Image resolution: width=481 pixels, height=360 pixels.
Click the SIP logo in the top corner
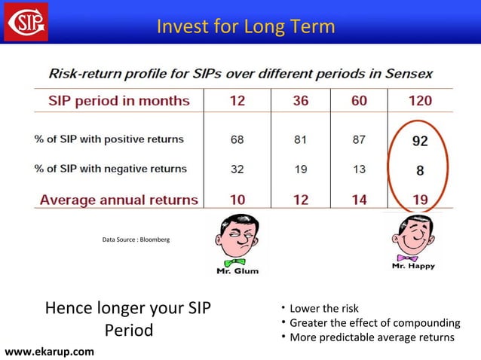pyautogui.click(x=26, y=21)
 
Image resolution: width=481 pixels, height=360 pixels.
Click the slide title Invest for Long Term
pyautogui.click(x=245, y=27)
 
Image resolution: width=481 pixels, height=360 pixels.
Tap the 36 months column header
pyautogui.click(x=300, y=101)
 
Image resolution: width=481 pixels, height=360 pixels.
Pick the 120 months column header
pyautogui.click(x=419, y=101)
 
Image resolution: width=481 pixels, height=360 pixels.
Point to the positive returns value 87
pyautogui.click(x=358, y=139)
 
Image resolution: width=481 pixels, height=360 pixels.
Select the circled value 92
pyautogui.click(x=419, y=140)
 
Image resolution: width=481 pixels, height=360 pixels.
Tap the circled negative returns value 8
pyautogui.click(x=420, y=170)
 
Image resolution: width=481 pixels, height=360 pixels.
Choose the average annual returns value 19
pyautogui.click(x=419, y=200)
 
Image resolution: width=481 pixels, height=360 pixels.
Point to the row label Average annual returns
pyautogui.click(x=118, y=200)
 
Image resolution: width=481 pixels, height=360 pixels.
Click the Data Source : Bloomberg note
pyautogui.click(x=136, y=239)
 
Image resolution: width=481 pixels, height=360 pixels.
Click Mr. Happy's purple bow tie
pyautogui.click(x=413, y=256)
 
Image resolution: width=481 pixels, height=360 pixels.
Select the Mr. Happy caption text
pyautogui.click(x=413, y=266)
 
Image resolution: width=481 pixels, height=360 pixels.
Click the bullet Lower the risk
pyautogui.click(x=324, y=309)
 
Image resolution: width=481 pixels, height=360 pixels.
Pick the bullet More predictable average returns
pyautogui.click(x=372, y=337)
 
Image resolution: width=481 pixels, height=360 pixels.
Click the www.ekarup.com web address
pyautogui.click(x=50, y=351)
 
